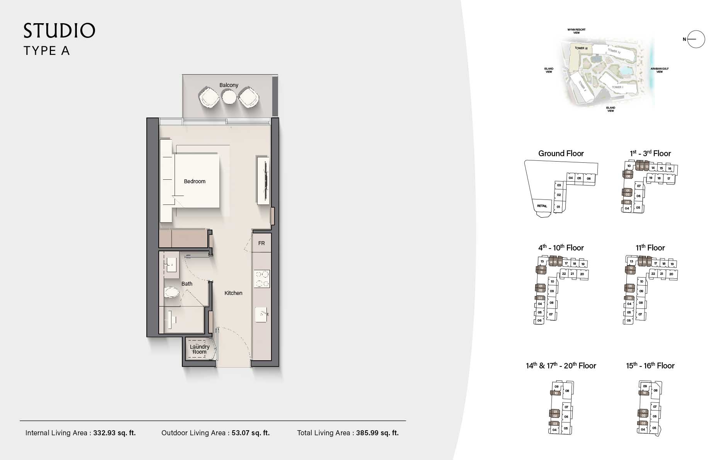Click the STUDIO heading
(59, 31)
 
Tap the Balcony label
(229, 85)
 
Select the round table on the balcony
(229, 97)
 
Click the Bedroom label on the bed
(195, 181)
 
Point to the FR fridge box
(261, 243)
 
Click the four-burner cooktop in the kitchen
(261, 279)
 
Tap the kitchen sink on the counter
(261, 315)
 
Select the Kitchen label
(233, 293)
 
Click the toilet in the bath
(171, 293)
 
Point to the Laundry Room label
(200, 349)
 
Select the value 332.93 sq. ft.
(114, 433)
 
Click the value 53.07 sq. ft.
(251, 433)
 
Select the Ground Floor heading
(561, 153)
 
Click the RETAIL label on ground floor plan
(542, 206)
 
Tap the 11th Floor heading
(650, 248)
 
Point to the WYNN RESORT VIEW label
(576, 31)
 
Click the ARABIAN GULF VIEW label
(659, 70)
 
